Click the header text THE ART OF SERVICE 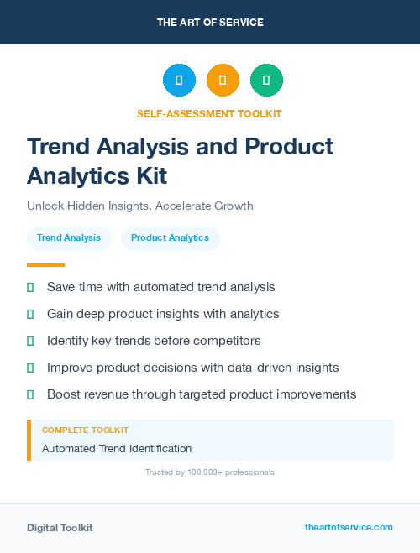point(210,23)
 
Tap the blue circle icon point(179,80)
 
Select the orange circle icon point(223,80)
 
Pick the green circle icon point(266,80)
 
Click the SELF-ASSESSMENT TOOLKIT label point(210,113)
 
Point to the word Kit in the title point(151,176)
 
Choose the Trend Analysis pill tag point(69,238)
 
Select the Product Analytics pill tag point(170,238)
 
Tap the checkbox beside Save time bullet point(30,287)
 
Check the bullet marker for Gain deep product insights point(30,314)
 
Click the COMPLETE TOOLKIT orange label point(85,430)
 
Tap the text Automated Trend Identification point(117,449)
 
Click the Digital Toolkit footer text point(60,528)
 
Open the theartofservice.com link point(349,527)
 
